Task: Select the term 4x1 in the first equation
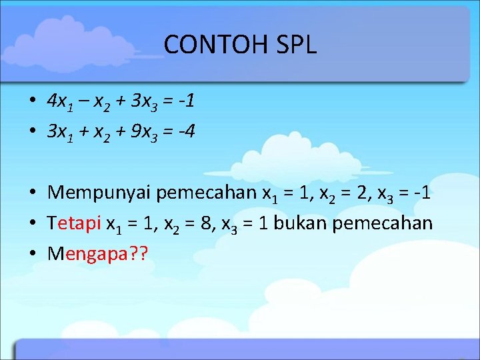60,102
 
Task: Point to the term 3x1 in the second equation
60,132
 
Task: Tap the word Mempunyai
99,194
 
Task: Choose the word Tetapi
75,223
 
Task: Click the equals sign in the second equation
169,132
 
